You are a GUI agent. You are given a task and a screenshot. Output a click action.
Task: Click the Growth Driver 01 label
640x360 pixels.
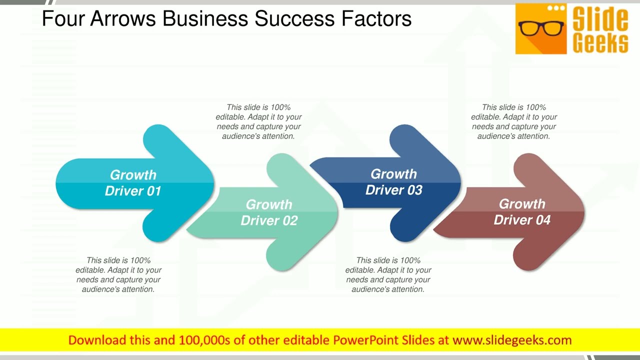[x=133, y=183]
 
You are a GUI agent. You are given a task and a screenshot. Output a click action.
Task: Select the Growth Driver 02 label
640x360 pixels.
[x=269, y=212]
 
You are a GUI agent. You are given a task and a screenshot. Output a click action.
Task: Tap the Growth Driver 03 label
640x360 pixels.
[x=393, y=182]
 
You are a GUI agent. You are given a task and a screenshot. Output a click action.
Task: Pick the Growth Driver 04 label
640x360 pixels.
[x=522, y=212]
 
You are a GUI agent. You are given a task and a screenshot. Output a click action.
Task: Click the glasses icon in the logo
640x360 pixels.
[x=541, y=27]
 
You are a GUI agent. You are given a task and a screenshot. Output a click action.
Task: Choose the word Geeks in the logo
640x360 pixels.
[x=600, y=43]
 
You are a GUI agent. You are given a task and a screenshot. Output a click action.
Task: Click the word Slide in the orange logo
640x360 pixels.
[x=600, y=18]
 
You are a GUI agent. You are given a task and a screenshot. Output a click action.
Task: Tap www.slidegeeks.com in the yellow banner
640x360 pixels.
[x=511, y=340]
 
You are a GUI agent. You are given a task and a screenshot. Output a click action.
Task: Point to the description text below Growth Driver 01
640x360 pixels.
[x=118, y=274]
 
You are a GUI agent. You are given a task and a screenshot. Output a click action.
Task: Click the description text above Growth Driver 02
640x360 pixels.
[x=258, y=121]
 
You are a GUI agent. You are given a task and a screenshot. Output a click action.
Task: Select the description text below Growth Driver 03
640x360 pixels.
[x=388, y=274]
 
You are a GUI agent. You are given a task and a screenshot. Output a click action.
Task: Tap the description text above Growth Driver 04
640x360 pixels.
[x=514, y=121]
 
